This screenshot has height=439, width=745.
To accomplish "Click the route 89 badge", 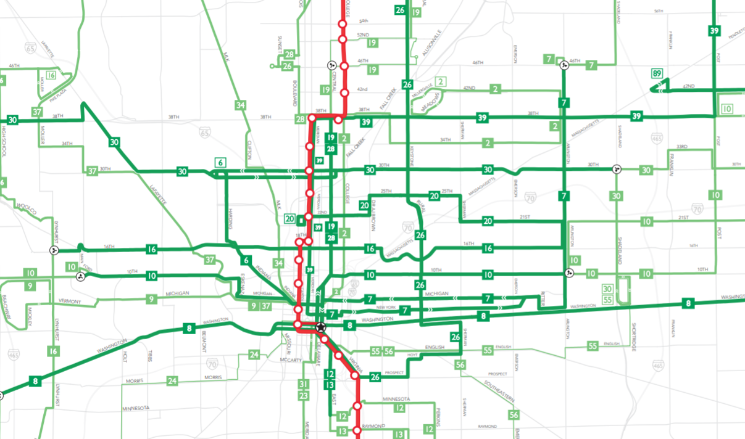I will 657,74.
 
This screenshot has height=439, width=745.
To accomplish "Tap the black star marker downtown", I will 320,327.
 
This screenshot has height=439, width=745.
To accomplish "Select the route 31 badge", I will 303,384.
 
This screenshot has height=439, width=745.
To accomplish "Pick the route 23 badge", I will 303,395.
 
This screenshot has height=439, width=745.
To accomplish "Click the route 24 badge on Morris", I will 172,381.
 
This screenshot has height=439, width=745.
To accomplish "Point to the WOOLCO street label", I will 27,208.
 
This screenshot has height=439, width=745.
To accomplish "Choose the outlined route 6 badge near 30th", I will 220,162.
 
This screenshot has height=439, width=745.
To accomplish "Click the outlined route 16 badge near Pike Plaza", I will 51,76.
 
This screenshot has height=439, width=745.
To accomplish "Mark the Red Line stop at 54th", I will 343,24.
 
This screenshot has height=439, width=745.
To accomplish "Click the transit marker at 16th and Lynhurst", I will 54,250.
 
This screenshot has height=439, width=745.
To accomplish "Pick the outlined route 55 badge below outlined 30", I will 608,300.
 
